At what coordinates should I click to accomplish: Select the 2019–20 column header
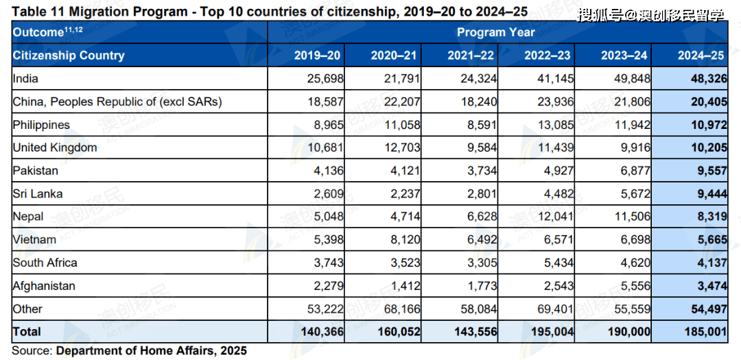(317, 56)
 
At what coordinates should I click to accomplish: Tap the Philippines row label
(41, 125)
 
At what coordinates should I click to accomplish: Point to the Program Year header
(495, 32)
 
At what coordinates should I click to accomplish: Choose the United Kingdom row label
(55, 147)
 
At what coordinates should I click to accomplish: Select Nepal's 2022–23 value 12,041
(553, 217)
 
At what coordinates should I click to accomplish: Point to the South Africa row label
(45, 263)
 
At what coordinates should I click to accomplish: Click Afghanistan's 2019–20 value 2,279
(328, 286)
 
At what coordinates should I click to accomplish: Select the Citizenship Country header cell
(69, 56)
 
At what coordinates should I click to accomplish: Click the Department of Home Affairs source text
(151, 350)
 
